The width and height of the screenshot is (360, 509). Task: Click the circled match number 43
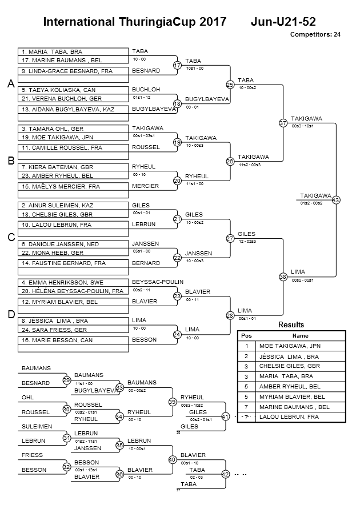336,200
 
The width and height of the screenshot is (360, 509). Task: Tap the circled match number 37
283,123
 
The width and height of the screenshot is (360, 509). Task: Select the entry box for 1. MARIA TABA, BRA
73,52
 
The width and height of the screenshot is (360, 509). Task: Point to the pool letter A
11,84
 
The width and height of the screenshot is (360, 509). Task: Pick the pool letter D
11,315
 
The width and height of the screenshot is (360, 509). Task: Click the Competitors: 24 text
315,34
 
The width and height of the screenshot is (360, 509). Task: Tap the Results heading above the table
291,324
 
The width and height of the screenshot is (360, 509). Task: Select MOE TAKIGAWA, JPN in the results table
290,346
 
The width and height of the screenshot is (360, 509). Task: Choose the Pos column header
246,336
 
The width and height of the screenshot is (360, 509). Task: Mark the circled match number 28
230,315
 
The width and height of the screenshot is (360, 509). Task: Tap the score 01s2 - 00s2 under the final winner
311,203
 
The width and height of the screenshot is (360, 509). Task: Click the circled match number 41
225,416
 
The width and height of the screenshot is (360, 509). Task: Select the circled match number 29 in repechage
66,380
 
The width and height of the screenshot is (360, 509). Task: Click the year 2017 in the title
213,22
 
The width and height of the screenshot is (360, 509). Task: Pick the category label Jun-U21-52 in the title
283,22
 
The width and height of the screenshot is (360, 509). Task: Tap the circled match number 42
225,474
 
